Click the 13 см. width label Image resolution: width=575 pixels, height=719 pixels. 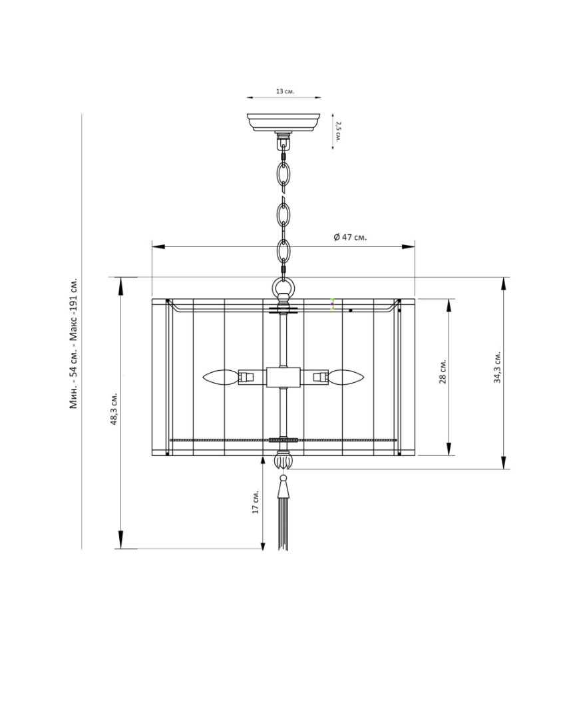[x=285, y=91]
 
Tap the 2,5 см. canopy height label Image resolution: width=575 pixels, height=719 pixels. [x=338, y=132]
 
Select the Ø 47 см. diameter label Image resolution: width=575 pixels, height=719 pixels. [x=350, y=237]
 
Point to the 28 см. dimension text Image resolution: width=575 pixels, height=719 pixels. [x=443, y=371]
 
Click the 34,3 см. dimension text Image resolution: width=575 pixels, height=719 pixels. [x=497, y=367]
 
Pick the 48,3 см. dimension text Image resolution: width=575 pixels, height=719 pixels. [x=113, y=409]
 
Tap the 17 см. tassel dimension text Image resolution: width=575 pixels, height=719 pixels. [x=256, y=502]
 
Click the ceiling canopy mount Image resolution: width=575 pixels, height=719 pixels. [x=283, y=122]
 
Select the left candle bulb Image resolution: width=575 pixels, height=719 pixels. [x=221, y=377]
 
